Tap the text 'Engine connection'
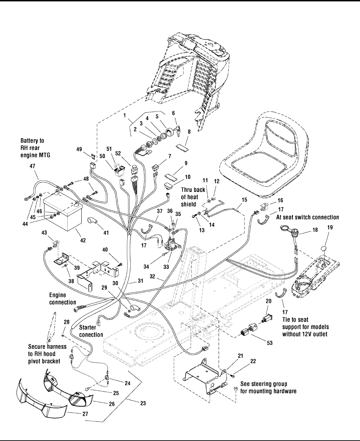[62, 299]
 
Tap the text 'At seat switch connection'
[308, 217]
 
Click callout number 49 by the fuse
[79, 149]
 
